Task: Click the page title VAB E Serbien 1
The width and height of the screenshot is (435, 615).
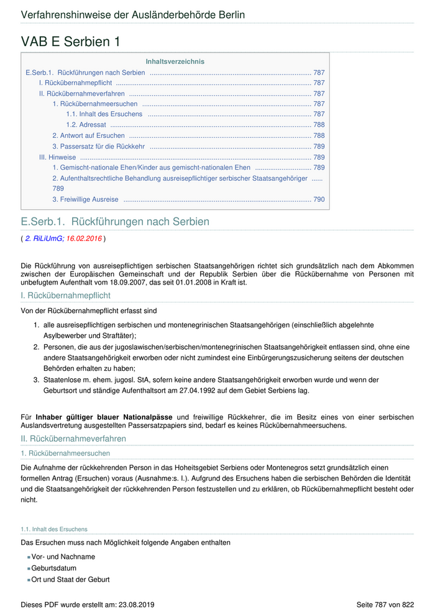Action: [70, 42]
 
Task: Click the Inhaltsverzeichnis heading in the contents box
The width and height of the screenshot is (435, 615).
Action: [175, 61]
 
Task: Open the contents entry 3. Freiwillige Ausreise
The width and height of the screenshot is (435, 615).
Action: [85, 199]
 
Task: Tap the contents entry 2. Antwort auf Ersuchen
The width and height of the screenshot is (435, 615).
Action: [88, 135]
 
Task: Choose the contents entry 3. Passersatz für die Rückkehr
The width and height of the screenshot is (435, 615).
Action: [98, 146]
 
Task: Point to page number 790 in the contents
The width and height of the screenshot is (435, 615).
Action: [319, 199]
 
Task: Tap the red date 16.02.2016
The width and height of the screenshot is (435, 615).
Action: [84, 238]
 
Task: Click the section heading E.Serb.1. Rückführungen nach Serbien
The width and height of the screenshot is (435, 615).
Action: [115, 222]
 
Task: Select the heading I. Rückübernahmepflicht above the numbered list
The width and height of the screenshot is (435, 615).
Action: [66, 295]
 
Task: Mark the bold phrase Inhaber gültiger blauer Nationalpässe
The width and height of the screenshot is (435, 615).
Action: [104, 416]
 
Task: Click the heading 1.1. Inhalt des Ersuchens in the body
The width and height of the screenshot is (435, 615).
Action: [54, 529]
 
